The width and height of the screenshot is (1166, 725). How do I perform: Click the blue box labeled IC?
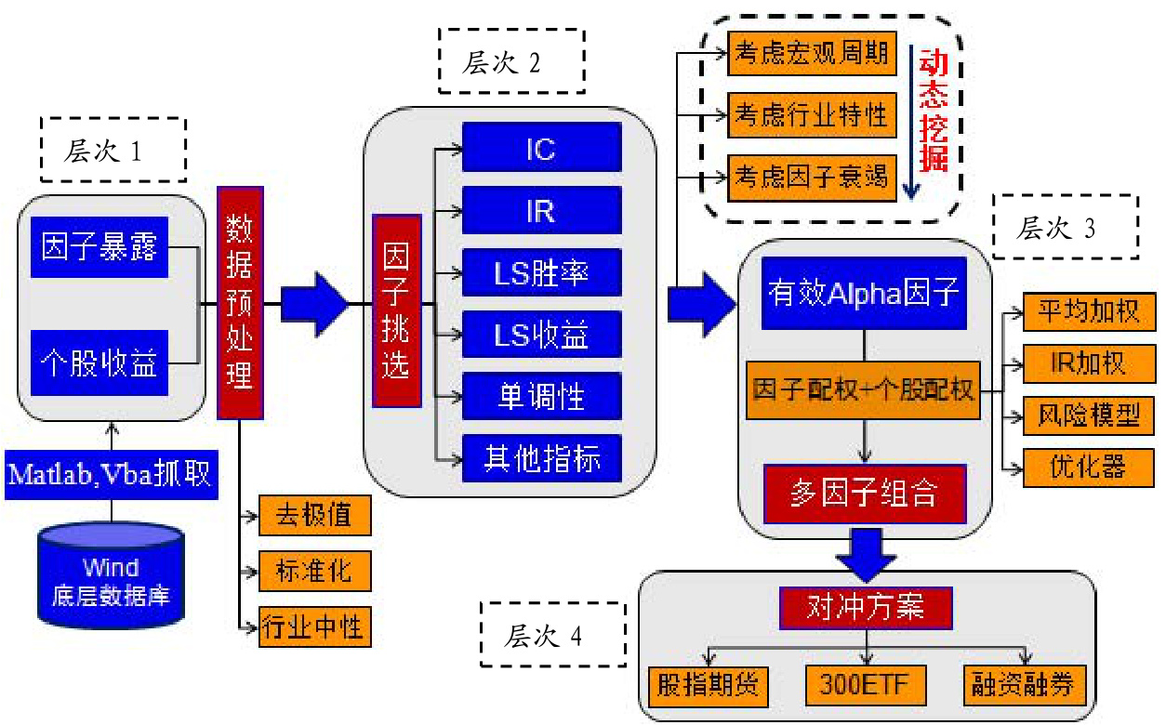pyautogui.click(x=541, y=147)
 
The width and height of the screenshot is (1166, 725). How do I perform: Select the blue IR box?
pyautogui.click(x=541, y=210)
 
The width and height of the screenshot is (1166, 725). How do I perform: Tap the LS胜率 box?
pyautogui.click(x=541, y=272)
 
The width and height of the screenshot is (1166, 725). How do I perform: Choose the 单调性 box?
pyautogui.click(x=541, y=396)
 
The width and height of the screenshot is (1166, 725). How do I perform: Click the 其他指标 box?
pyautogui.click(x=541, y=458)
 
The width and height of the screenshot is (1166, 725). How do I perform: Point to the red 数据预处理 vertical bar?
pyautogui.click(x=240, y=302)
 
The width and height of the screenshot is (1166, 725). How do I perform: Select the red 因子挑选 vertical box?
pyautogui.click(x=397, y=310)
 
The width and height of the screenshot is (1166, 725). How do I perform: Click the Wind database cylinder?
pyautogui.click(x=111, y=576)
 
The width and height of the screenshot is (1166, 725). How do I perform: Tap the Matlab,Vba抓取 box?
pyautogui.click(x=112, y=475)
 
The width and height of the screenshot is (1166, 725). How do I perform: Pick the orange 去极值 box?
pyautogui.click(x=315, y=515)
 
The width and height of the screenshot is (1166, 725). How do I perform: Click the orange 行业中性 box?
pyautogui.click(x=315, y=626)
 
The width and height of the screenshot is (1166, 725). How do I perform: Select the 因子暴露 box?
pyautogui.click(x=99, y=246)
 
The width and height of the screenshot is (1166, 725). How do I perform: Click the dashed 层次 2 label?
pyautogui.click(x=512, y=61)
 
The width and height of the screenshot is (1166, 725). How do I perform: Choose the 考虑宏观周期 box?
pyautogui.click(x=812, y=54)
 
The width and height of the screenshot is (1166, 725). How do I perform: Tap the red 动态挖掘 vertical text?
pyautogui.click(x=934, y=111)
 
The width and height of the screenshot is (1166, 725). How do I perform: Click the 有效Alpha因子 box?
pyautogui.click(x=864, y=293)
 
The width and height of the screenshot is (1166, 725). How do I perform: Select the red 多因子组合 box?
pyautogui.click(x=865, y=494)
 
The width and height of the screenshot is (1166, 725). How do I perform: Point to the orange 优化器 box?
pyautogui.click(x=1089, y=468)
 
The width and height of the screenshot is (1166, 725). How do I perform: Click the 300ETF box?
pyautogui.click(x=866, y=685)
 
